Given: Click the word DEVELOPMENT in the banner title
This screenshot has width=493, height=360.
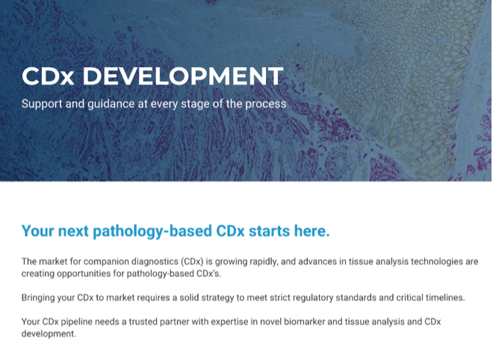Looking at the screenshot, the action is (x=183, y=75).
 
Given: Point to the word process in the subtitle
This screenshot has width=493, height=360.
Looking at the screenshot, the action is (x=266, y=105).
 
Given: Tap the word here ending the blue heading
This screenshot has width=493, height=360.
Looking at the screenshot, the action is (x=311, y=231).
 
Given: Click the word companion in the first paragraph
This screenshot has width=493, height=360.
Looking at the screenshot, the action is (x=106, y=261).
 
